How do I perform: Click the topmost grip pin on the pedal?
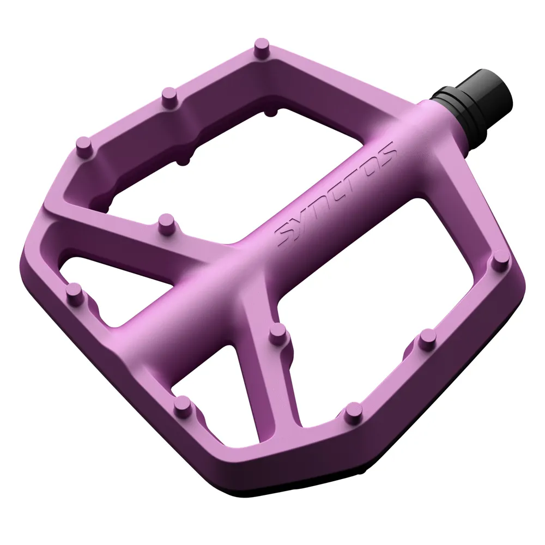(x=262, y=45)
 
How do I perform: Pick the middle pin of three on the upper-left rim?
(x=169, y=95)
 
